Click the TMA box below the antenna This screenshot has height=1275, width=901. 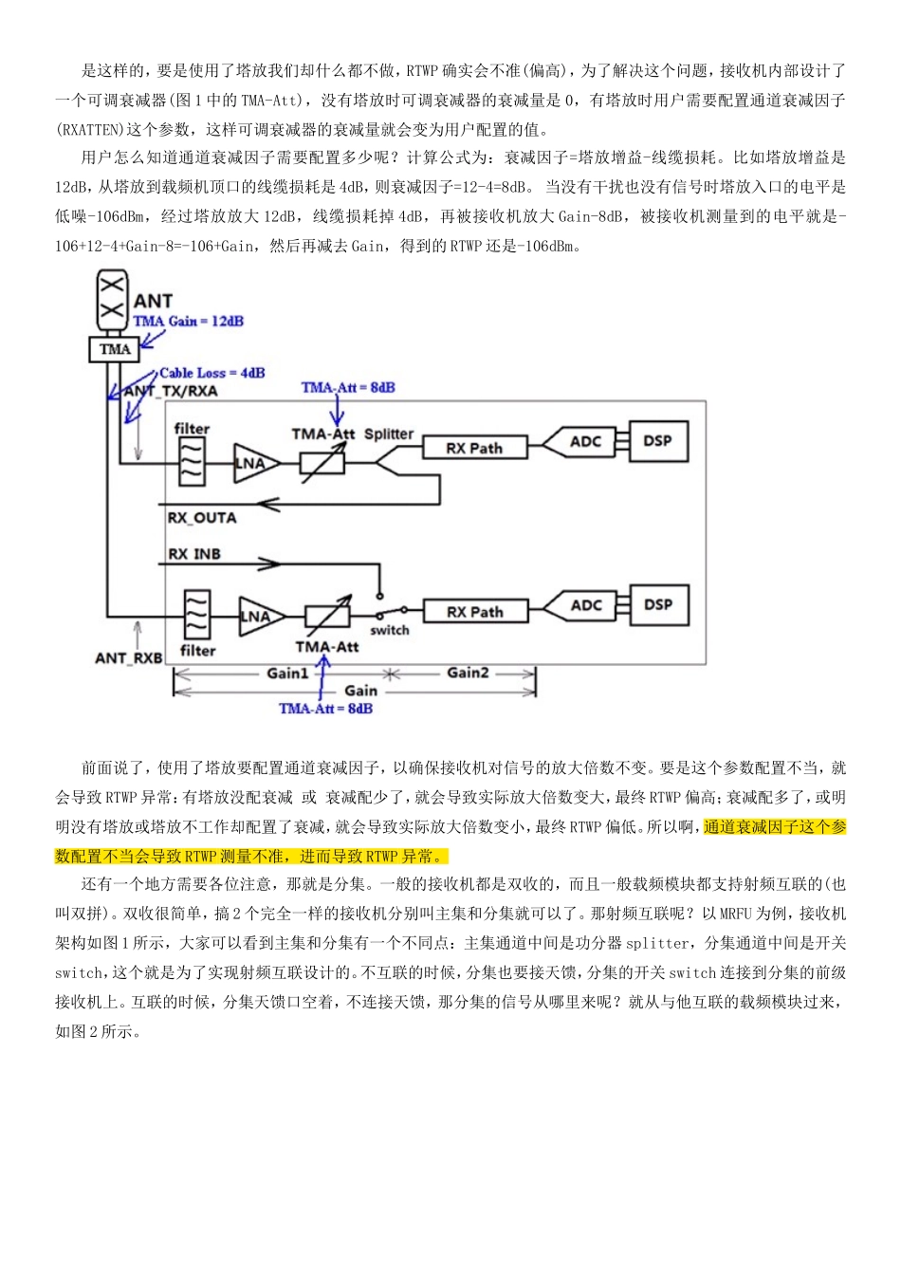(x=115, y=349)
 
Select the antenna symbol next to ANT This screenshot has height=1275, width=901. (x=112, y=297)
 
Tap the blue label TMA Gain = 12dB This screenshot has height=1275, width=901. (x=188, y=322)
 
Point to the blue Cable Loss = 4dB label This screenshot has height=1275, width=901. (x=211, y=373)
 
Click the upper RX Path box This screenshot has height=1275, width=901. (x=474, y=448)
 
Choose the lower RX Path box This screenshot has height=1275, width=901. (x=475, y=612)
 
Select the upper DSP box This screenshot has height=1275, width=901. (x=657, y=441)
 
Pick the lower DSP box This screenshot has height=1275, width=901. (x=657, y=605)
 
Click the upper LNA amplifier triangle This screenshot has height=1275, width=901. (x=254, y=463)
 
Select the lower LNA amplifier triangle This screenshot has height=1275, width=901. (x=258, y=617)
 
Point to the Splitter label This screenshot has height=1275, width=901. (x=389, y=434)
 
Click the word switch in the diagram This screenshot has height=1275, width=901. (x=390, y=630)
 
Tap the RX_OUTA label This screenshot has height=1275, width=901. (x=202, y=518)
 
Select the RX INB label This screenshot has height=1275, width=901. (x=194, y=554)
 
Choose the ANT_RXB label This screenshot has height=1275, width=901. (x=129, y=657)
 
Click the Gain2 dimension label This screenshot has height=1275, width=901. (x=468, y=673)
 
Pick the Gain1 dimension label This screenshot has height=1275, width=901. (x=287, y=674)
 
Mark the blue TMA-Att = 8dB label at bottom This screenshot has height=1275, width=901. (x=325, y=709)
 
